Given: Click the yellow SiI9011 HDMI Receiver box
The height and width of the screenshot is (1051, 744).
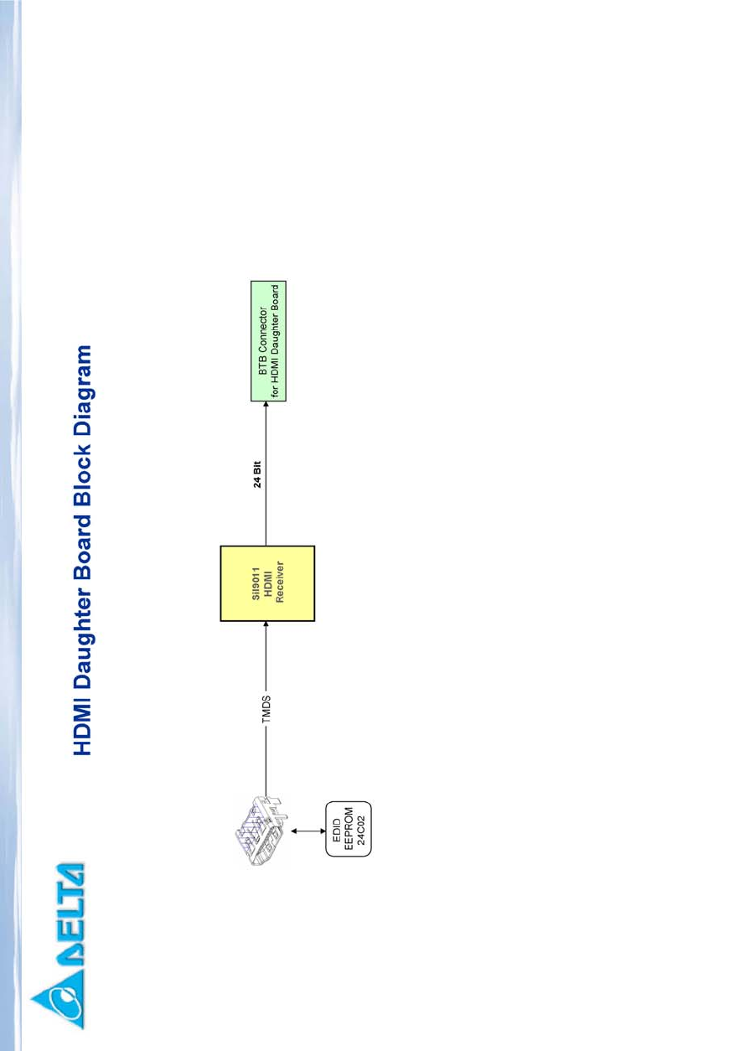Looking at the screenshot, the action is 267,583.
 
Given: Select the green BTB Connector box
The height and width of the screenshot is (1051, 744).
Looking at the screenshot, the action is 268,341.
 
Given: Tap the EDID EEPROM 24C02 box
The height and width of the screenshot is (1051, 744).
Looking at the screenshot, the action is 348,829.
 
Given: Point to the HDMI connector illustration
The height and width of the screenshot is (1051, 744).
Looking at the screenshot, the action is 262,831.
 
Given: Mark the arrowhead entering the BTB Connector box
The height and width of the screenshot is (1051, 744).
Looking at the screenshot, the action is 267,404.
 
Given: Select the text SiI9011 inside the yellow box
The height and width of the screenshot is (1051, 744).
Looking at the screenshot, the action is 256,583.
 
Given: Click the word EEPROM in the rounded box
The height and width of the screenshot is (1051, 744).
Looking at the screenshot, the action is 348,829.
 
